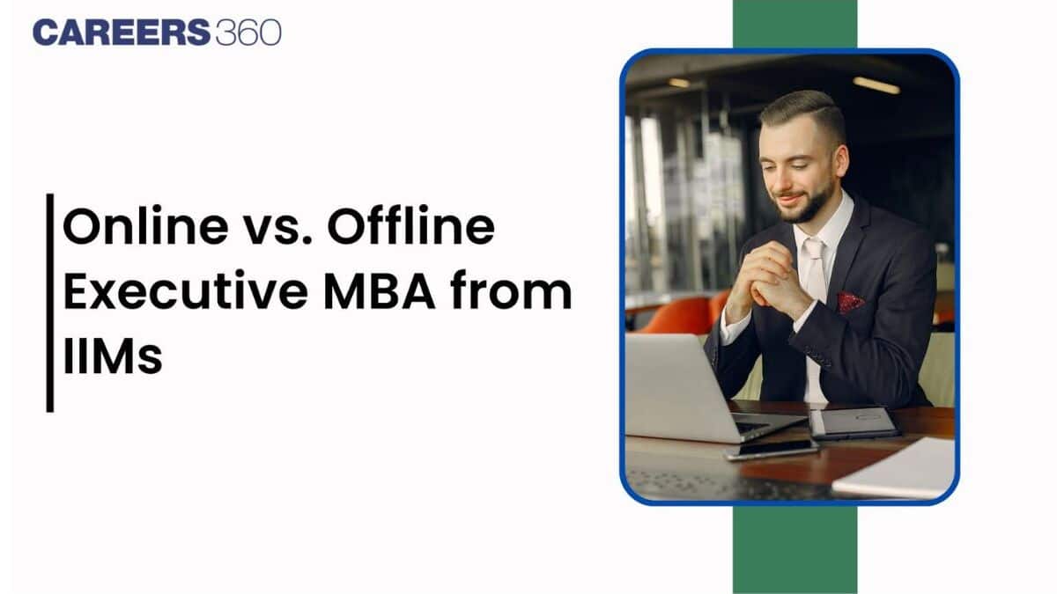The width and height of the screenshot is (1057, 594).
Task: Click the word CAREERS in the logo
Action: click(122, 33)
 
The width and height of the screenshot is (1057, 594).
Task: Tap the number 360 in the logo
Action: click(248, 33)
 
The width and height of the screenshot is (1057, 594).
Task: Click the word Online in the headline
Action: click(145, 226)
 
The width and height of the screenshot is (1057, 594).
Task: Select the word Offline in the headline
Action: click(411, 225)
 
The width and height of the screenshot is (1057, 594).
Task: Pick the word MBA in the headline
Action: click(380, 291)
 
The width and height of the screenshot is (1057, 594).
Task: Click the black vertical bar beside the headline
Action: click(50, 303)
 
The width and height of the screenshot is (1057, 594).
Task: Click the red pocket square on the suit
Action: click(850, 303)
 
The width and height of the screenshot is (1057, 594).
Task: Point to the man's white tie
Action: click(815, 269)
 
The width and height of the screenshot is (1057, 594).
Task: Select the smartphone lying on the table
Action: click(771, 450)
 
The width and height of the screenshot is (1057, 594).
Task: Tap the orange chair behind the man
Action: click(679, 315)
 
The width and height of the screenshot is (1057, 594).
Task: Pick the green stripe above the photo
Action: click(795, 24)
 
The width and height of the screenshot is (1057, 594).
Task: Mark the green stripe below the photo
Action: click(795, 550)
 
